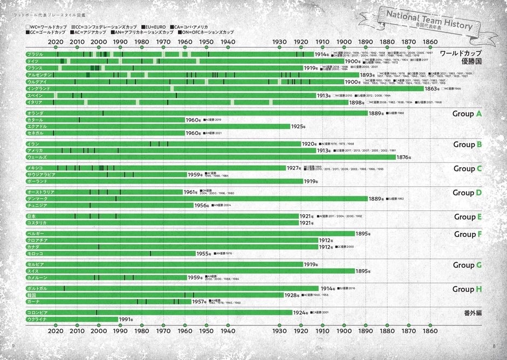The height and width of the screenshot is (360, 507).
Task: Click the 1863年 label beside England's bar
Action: coord(433,89)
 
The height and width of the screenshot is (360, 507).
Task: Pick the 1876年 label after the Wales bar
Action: coord(404,157)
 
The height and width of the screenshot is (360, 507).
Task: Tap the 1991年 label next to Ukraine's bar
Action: coord(126,320)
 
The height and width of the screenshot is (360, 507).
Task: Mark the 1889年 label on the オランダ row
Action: coord(376,113)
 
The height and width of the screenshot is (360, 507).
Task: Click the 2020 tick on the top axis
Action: coord(56,42)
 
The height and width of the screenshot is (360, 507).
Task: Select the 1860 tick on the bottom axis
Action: coord(430,330)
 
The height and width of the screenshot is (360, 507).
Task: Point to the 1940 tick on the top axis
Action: coord(228,42)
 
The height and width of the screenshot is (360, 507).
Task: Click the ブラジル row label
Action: coord(35,55)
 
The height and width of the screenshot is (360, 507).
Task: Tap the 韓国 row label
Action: coord(31,295)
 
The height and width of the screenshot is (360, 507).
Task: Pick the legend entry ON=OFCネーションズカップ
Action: coord(202,32)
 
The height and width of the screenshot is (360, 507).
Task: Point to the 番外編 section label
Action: coord(472,313)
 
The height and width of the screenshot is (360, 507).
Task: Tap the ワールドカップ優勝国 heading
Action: coord(460,57)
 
